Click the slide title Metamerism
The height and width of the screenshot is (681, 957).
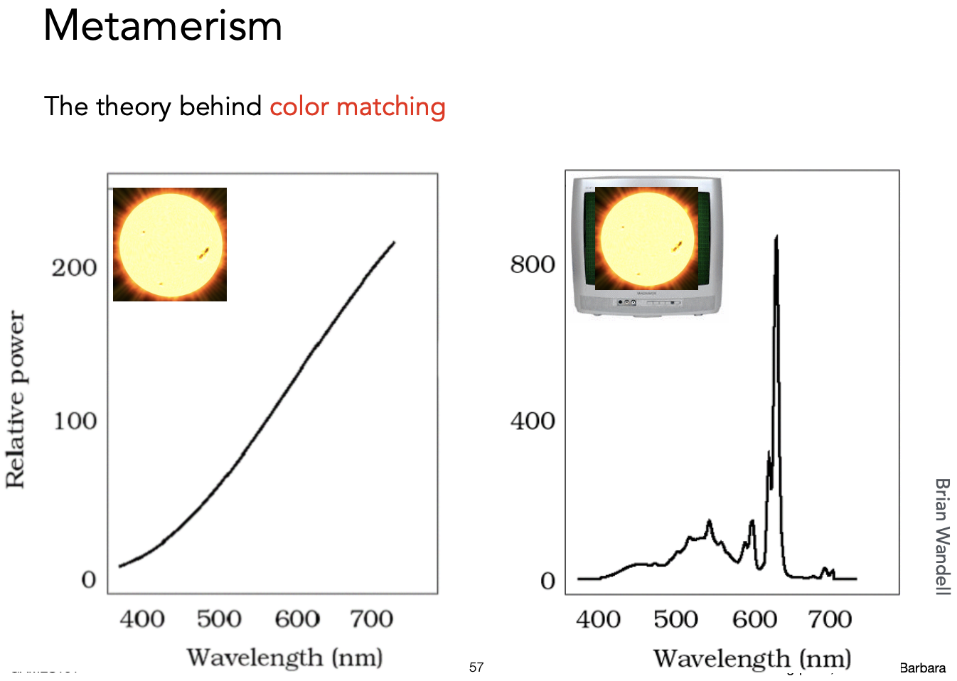click(x=163, y=26)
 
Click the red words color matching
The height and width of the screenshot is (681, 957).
click(x=357, y=107)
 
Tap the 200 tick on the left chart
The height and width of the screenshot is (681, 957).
click(x=74, y=268)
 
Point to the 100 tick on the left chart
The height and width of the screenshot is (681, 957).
click(x=75, y=421)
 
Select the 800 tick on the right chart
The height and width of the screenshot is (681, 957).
click(x=533, y=264)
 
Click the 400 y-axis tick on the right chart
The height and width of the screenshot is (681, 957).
click(x=533, y=421)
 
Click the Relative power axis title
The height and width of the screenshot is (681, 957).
click(x=16, y=400)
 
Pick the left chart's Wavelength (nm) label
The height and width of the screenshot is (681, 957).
click(x=284, y=658)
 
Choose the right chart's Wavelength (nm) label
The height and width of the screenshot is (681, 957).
click(x=752, y=658)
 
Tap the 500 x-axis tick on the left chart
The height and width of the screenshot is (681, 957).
click(x=219, y=619)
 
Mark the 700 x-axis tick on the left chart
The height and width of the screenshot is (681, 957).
click(x=371, y=619)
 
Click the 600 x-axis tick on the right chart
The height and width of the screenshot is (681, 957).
click(x=754, y=620)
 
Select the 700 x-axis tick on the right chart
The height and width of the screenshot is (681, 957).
click(x=830, y=620)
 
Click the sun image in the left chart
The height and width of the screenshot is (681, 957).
click(x=170, y=245)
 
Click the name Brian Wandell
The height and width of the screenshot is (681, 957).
click(x=942, y=536)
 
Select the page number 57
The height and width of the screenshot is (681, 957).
click(x=476, y=667)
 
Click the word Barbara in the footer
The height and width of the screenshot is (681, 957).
click(x=922, y=668)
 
